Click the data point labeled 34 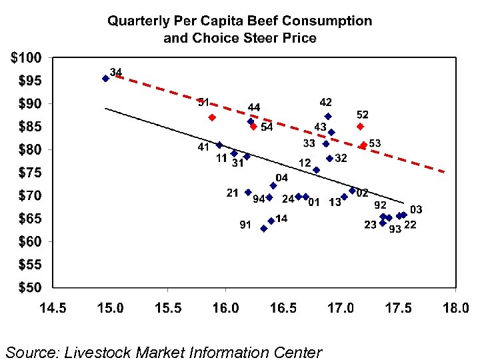click(105, 79)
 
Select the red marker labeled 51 click(212, 117)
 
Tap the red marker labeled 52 click(360, 126)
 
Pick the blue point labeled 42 click(328, 116)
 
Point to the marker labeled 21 click(248, 192)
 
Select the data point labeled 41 click(219, 145)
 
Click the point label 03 click(416, 210)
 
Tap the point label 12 click(304, 163)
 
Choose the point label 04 click(282, 178)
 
